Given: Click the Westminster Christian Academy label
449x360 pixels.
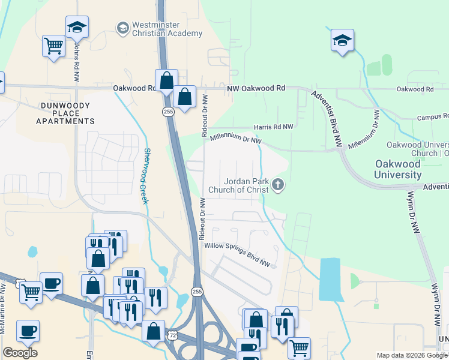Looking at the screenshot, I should tap(167, 29).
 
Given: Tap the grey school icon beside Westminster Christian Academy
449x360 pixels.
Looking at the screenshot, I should tap(122, 28).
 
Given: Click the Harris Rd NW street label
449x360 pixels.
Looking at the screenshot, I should tap(273, 127).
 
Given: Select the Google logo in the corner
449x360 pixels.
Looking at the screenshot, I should tap(20, 353).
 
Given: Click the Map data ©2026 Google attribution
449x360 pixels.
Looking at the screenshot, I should tap(411, 355).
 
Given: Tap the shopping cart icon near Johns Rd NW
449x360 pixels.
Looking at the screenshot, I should tap(53, 46).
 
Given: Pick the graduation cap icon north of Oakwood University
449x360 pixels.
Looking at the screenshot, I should tap(342, 40).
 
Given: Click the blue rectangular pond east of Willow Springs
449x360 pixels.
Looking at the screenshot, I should tap(331, 280).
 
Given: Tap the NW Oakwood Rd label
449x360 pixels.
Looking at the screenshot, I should tap(256, 88).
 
